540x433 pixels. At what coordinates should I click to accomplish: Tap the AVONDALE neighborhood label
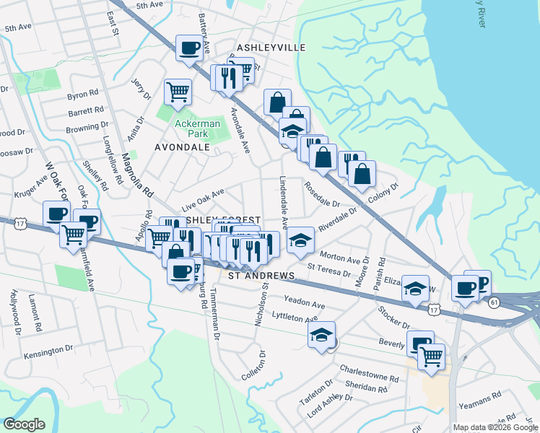pos(182,146)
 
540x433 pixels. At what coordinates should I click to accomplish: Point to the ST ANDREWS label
pos(261,276)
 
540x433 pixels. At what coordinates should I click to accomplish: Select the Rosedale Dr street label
pos(321,193)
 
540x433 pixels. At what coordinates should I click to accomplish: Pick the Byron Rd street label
pos(82,95)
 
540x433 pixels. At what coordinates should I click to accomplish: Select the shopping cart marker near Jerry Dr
pos(178,91)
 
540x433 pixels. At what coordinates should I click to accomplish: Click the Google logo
pos(25,424)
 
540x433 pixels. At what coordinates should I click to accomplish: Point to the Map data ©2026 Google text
pos(495,427)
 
